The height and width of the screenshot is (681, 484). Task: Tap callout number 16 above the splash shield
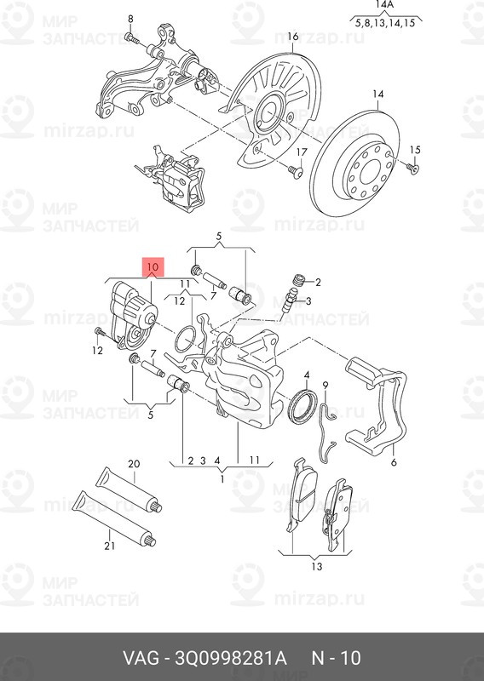292,37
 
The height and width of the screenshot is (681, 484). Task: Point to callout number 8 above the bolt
130,18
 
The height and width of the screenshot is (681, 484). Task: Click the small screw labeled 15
413,169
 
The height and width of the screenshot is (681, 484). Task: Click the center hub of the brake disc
371,161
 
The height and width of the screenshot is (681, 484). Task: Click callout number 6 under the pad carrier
394,463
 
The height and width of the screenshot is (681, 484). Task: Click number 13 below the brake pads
317,566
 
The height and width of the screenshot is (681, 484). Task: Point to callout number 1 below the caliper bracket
222,478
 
